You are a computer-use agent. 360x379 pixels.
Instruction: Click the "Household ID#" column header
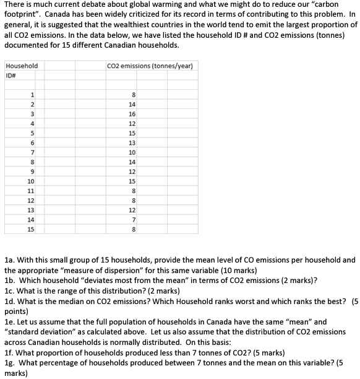click(21, 70)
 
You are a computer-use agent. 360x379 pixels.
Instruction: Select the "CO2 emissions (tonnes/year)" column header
click(150, 66)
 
